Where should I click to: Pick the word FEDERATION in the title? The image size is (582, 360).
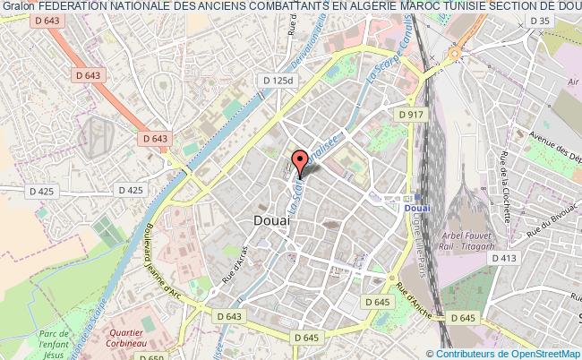pos(81,7)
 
